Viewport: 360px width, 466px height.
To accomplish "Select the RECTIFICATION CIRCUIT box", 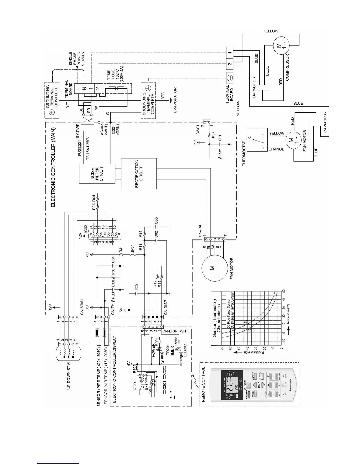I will pos(139,174).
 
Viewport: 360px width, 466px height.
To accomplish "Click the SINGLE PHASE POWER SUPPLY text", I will pos(75,64).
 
